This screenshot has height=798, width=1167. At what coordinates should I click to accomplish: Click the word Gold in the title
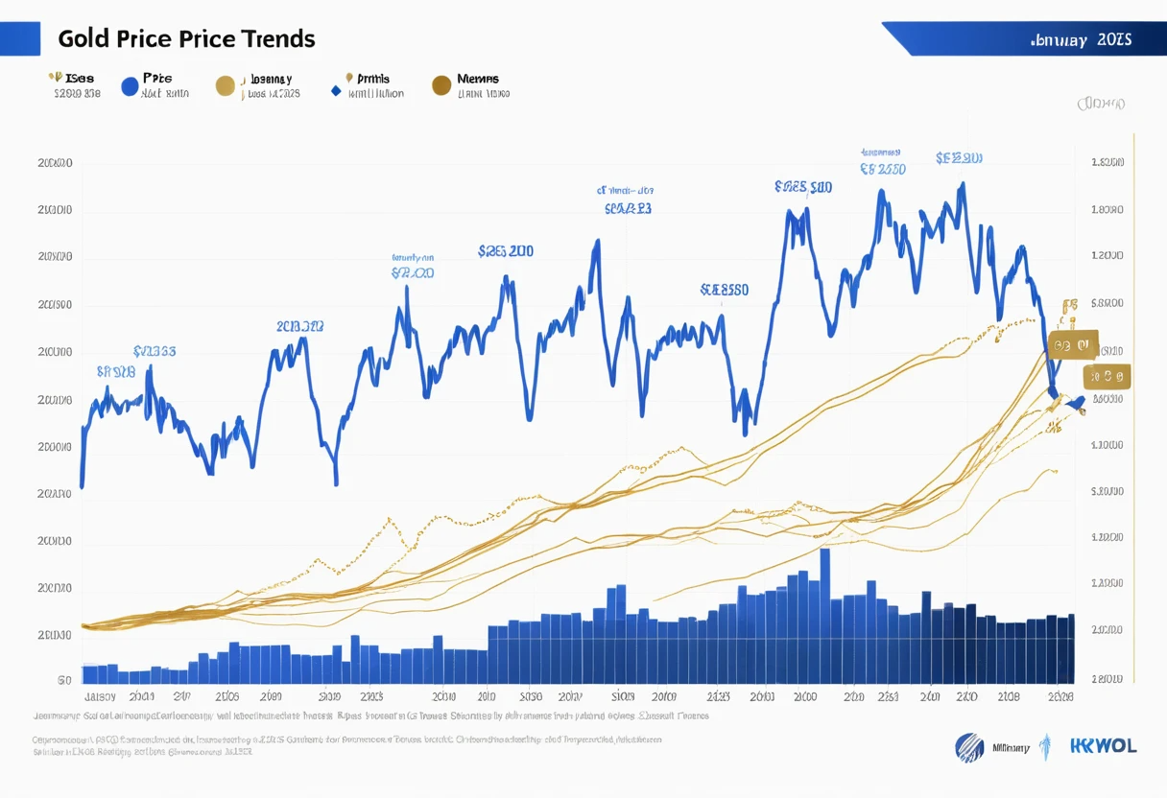point(82,39)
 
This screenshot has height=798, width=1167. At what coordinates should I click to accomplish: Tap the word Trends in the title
point(277,39)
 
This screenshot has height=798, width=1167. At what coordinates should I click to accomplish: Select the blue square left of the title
point(20,38)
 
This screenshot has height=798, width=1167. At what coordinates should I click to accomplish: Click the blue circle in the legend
point(130,86)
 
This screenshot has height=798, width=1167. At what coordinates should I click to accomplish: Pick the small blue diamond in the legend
point(335,92)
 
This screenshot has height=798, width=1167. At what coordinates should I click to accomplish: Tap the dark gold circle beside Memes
point(441,85)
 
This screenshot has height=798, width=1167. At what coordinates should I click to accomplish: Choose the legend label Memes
point(478,79)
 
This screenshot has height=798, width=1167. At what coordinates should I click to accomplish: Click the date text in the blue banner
point(1080,40)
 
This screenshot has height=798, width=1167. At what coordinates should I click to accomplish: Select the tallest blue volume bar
point(825,614)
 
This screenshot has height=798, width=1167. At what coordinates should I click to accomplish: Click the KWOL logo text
point(1105,746)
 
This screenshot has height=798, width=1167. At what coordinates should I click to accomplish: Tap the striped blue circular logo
point(969,747)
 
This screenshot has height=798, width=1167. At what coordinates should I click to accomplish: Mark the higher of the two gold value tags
point(1073,345)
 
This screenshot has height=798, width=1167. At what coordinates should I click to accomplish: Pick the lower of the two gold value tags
point(1106,377)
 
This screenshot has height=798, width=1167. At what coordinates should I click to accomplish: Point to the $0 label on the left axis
point(64,680)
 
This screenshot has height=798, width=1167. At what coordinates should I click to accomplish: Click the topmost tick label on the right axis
point(1107,163)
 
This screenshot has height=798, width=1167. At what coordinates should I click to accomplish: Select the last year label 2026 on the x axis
point(1060,697)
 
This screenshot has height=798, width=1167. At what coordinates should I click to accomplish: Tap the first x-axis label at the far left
point(100,697)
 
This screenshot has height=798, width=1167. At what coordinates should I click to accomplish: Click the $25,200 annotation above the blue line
point(506,252)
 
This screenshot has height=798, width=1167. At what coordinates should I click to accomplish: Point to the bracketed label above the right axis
point(1101,103)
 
